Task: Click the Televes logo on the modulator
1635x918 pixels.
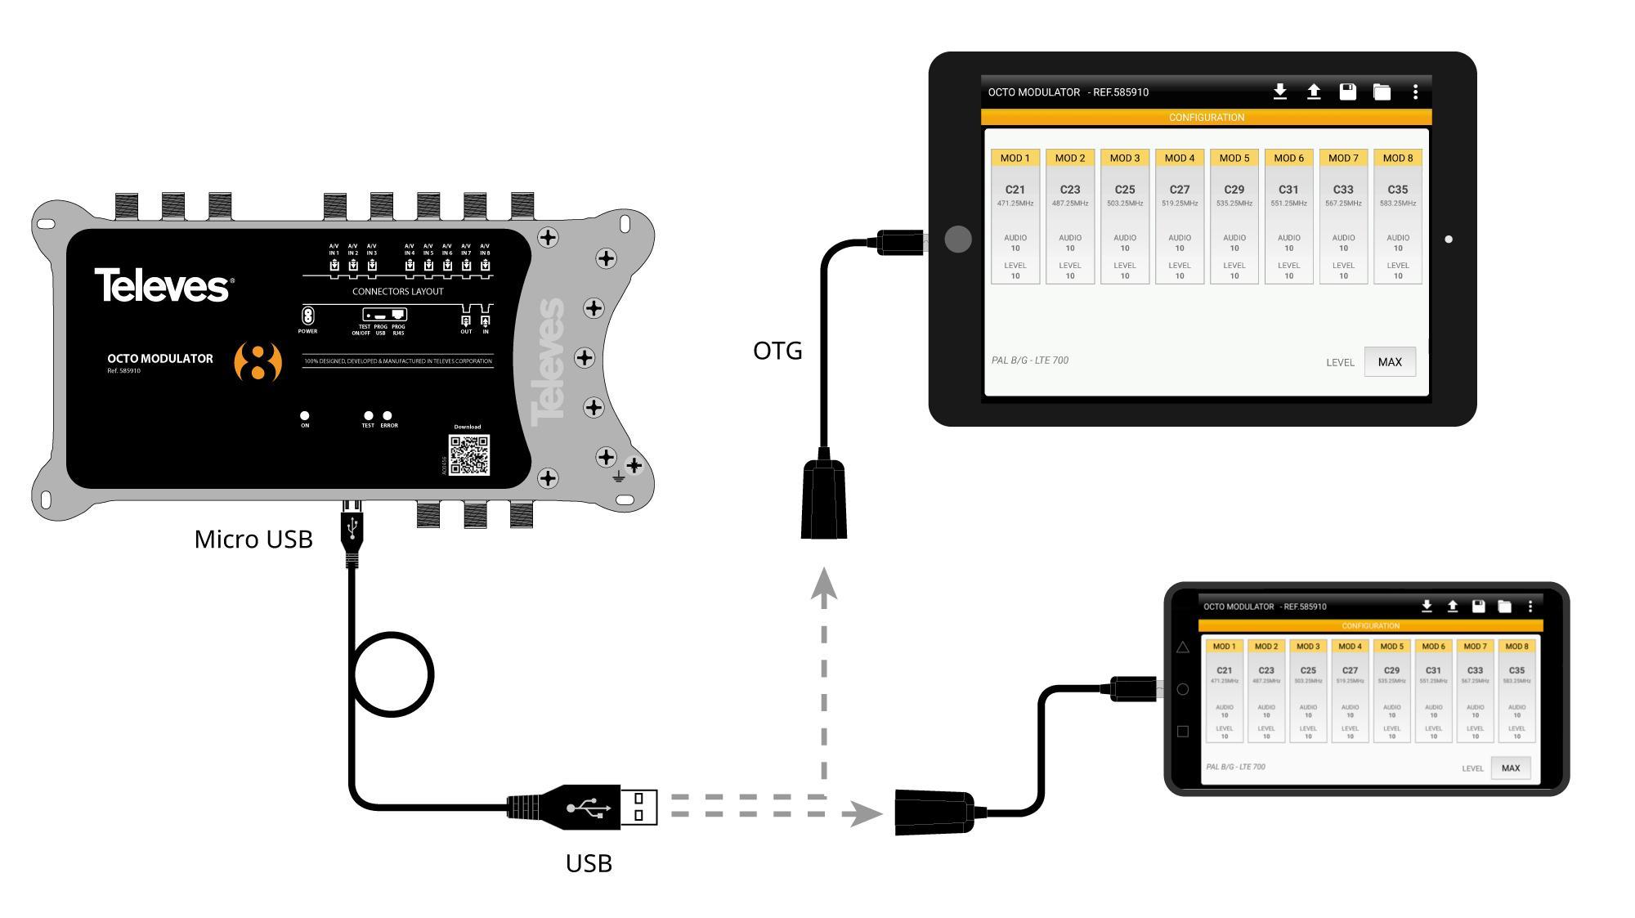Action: (163, 285)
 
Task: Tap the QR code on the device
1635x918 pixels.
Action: (469, 455)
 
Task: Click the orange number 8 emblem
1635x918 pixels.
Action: (258, 361)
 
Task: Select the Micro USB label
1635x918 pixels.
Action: (253, 540)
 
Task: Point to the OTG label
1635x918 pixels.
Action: (777, 351)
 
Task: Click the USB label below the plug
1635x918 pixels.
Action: (589, 863)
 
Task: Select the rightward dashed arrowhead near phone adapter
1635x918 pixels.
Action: (862, 813)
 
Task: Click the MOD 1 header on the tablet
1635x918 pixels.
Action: (1015, 158)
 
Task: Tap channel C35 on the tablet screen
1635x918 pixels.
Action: (1398, 190)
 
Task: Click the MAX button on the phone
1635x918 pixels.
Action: (1511, 768)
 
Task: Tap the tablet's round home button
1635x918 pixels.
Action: (958, 240)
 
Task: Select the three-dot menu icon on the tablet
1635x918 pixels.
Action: (1415, 92)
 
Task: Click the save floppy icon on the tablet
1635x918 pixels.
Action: (1347, 92)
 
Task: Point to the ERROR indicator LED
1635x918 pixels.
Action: (387, 416)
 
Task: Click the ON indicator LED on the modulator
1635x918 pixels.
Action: (305, 416)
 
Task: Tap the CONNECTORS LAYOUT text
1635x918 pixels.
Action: (397, 292)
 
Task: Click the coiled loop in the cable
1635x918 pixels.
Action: (394, 675)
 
